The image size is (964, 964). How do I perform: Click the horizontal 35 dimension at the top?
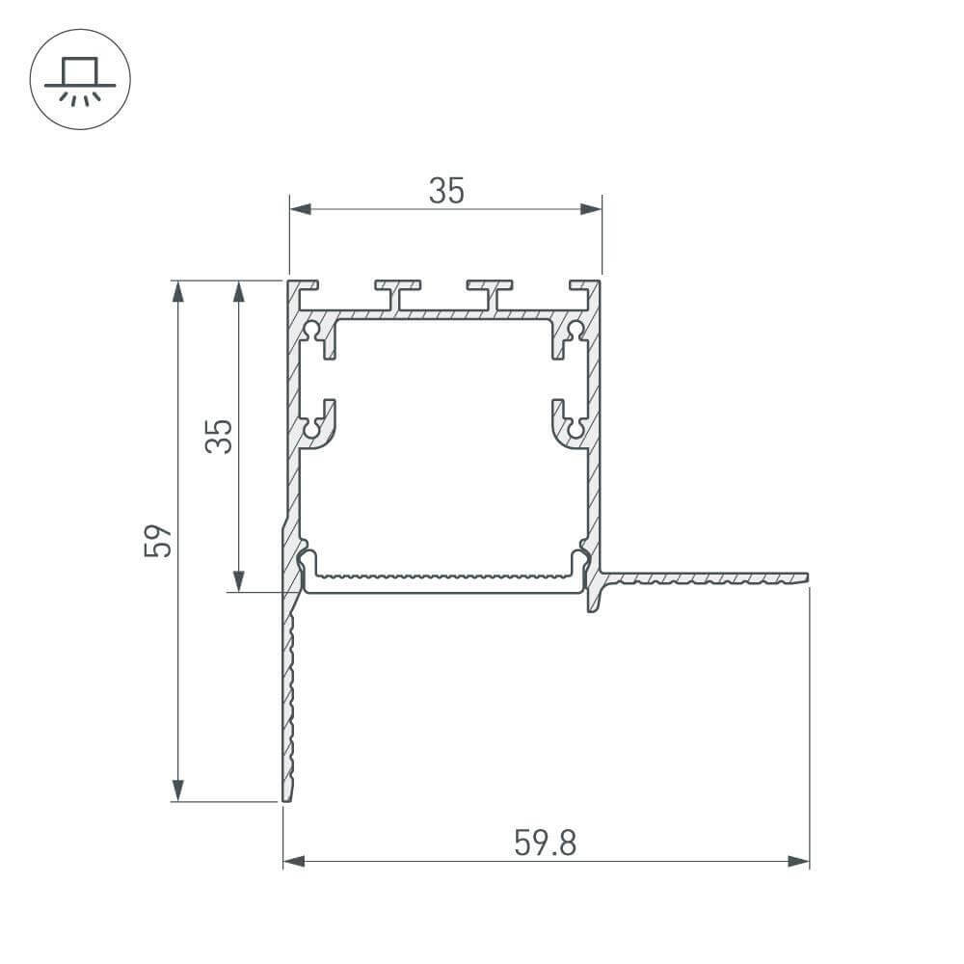coord(446,192)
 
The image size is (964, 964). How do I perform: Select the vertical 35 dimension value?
coord(219,436)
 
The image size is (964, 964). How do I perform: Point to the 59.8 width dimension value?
coord(545,843)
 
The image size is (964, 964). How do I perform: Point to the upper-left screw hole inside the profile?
coord(312,331)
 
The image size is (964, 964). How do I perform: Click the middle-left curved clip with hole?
coord(318,425)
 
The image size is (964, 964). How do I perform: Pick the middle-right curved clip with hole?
coord(570,425)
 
